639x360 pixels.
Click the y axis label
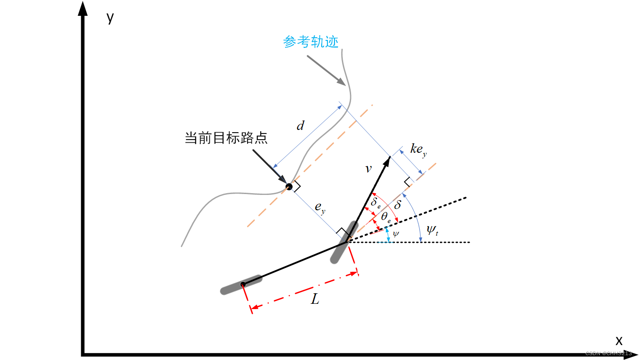pos(110,18)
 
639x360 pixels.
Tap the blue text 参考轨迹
pos(311,42)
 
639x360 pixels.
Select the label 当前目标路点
pos(226,138)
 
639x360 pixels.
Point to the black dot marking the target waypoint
pos(289,187)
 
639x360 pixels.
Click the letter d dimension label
pos(300,126)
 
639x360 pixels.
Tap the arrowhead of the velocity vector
pos(387,161)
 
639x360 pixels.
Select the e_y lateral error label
pos(320,207)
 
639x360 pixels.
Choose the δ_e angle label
pos(376,203)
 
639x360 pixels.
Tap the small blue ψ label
pos(396,234)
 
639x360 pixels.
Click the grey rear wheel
pos(241,284)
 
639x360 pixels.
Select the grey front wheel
pos(343,242)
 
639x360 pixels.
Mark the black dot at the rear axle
pos(243,284)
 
